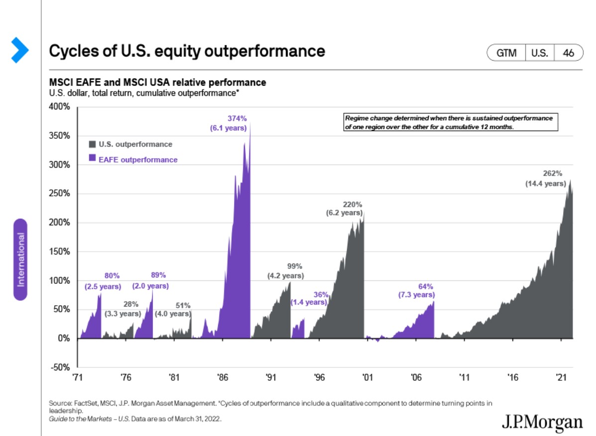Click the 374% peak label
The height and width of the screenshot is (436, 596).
(237, 118)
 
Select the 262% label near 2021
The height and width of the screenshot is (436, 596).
(552, 174)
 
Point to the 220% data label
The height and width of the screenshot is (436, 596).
(353, 204)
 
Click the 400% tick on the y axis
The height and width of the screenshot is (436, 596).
(60, 107)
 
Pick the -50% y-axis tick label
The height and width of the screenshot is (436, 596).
(60, 367)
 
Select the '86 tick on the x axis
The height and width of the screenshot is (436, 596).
(222, 377)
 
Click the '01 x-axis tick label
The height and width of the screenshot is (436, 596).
(368, 377)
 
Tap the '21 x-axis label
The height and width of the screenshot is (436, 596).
(561, 377)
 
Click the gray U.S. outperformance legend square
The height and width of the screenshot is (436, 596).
(92, 144)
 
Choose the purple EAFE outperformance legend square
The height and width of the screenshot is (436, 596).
(92, 159)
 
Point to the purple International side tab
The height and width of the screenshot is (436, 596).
(20, 259)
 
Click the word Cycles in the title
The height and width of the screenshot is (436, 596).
(68, 51)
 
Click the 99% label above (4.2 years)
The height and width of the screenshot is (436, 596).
(295, 266)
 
